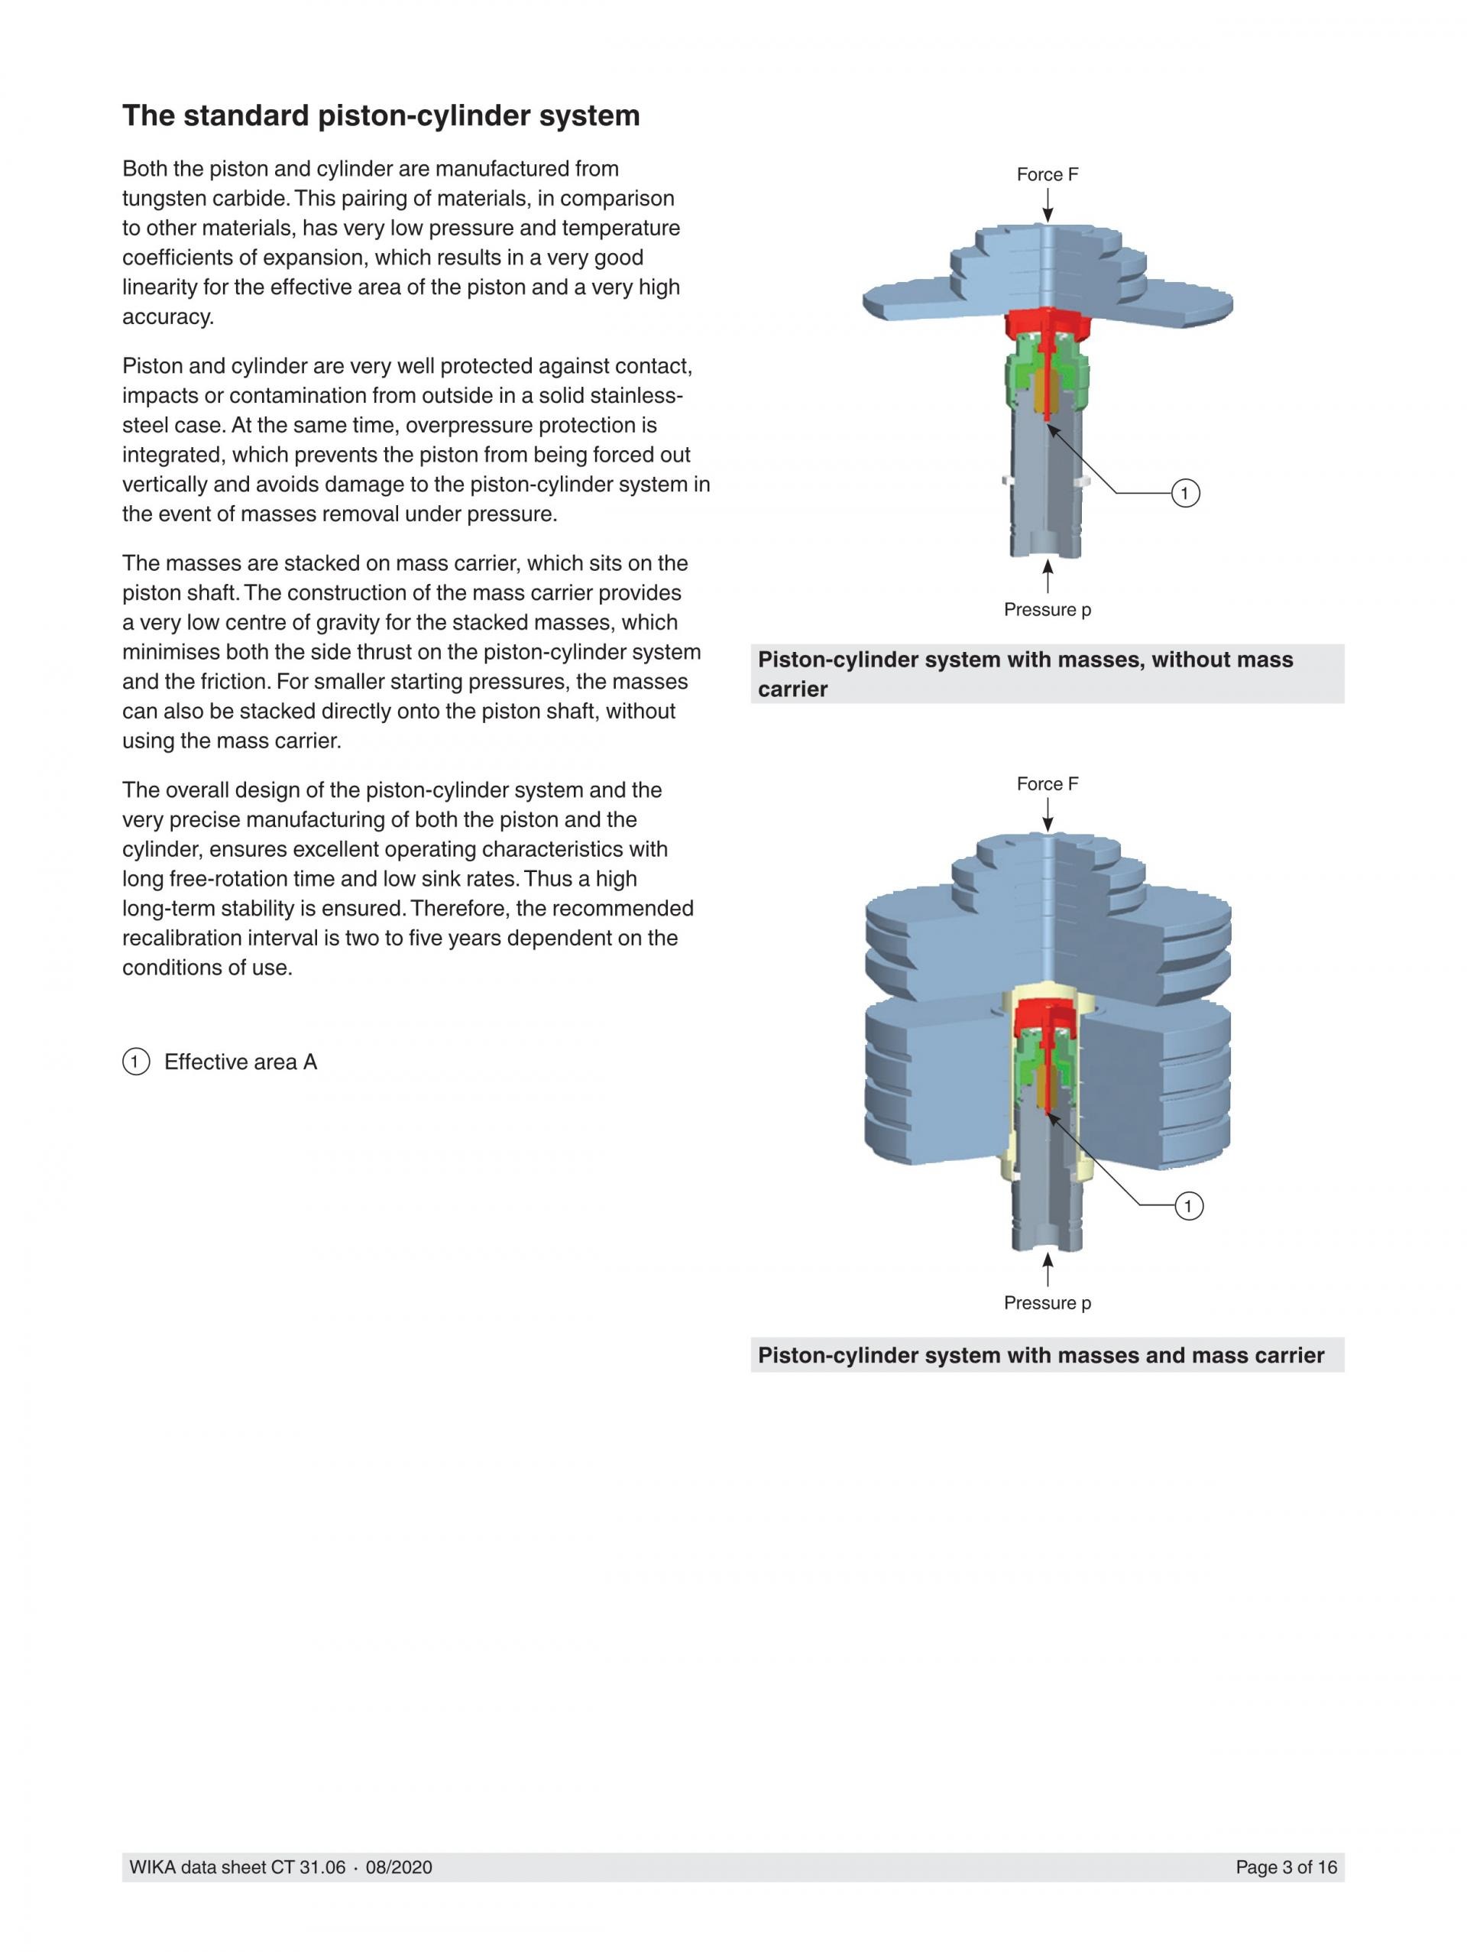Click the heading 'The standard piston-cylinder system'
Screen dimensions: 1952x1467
click(x=381, y=115)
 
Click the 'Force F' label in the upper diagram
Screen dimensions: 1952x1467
click(x=1047, y=175)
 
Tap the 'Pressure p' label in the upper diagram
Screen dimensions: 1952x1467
click(x=1047, y=610)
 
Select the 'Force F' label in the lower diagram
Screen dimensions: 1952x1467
click(x=1047, y=783)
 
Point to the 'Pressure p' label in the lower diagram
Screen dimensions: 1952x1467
click(x=1047, y=1302)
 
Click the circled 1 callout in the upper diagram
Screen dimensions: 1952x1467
click(x=1185, y=493)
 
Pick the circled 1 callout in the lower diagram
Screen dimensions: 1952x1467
click(x=1188, y=1205)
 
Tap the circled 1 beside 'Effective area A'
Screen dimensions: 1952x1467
click(x=135, y=1062)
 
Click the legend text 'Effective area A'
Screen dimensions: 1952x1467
click(x=240, y=1062)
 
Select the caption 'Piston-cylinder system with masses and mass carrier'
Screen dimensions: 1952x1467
click(x=1041, y=1355)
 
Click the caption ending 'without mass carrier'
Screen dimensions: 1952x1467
click(x=1025, y=674)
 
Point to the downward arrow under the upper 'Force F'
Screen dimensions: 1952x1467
click(x=1047, y=206)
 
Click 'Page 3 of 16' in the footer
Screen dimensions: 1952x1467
click(x=1285, y=1867)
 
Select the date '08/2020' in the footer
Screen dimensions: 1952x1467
click(x=399, y=1867)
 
